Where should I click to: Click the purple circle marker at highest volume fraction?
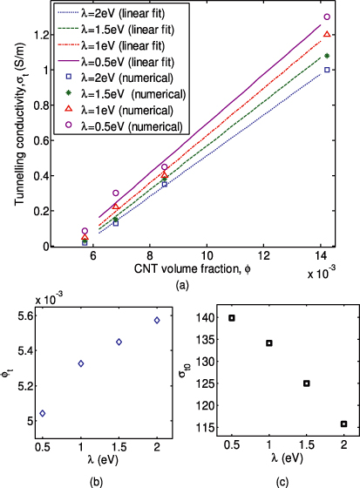(x=327, y=17)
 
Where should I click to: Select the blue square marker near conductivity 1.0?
(x=327, y=70)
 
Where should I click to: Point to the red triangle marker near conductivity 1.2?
(x=327, y=34)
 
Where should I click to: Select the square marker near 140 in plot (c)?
(x=232, y=318)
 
